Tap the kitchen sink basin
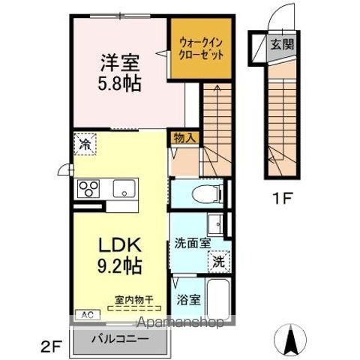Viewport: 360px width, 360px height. (122, 188)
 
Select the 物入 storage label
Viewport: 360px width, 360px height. (184, 138)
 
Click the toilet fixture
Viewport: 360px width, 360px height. (206, 194)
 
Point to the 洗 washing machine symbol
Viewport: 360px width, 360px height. (217, 262)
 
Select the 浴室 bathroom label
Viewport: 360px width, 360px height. (188, 300)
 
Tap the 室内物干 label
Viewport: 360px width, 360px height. (134, 299)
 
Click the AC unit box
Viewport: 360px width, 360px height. (85, 314)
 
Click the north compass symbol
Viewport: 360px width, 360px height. (293, 341)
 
